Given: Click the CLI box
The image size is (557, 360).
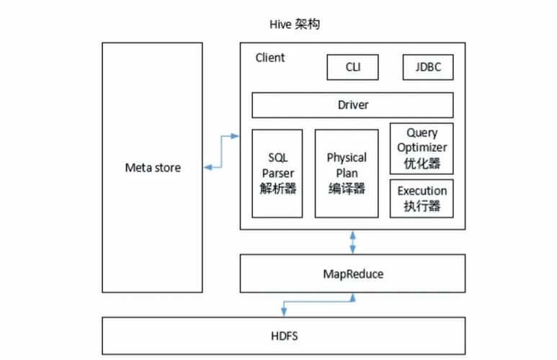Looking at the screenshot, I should click(x=352, y=68).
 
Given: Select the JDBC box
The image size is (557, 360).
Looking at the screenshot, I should click(x=427, y=68).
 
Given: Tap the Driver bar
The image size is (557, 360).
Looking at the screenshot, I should click(x=352, y=105).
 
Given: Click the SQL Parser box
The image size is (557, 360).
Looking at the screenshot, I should click(x=277, y=174).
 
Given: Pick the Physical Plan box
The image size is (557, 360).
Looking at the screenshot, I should click(x=347, y=174).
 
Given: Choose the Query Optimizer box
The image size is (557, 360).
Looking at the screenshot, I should click(x=422, y=148).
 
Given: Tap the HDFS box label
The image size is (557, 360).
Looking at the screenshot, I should click(x=277, y=336).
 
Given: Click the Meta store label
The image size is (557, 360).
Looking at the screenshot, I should click(x=153, y=168).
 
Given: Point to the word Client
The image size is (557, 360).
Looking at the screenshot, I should click(x=270, y=58).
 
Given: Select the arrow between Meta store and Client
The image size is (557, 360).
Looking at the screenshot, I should click(x=221, y=151).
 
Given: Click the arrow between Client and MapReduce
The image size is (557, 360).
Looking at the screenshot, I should click(x=352, y=242).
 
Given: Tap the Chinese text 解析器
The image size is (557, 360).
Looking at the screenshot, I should click(x=277, y=189).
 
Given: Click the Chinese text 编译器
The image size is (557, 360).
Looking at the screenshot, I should click(x=347, y=189).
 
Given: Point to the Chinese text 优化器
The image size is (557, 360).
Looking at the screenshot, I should click(x=422, y=163).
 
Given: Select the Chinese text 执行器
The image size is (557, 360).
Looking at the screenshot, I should click(x=422, y=207).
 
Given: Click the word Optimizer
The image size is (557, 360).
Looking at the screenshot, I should click(x=422, y=148).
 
